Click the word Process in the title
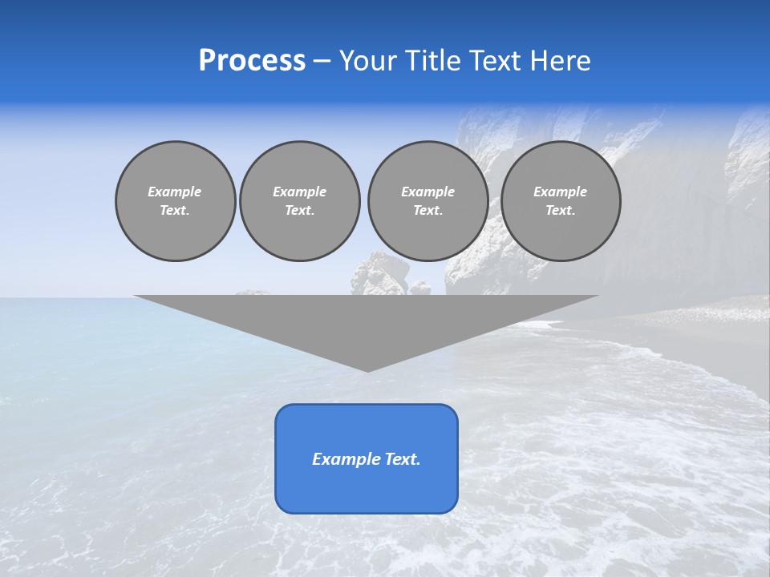click(x=252, y=61)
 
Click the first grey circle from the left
click(x=175, y=201)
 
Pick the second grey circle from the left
click(x=299, y=201)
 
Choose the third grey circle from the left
click(x=428, y=201)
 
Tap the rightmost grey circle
click(x=561, y=201)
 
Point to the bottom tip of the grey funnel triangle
click(x=367, y=370)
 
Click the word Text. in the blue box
click(x=401, y=459)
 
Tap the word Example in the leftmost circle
click(x=175, y=192)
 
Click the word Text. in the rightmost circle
click(x=561, y=211)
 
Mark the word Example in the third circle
click(x=428, y=192)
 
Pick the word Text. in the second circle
click(x=299, y=211)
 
